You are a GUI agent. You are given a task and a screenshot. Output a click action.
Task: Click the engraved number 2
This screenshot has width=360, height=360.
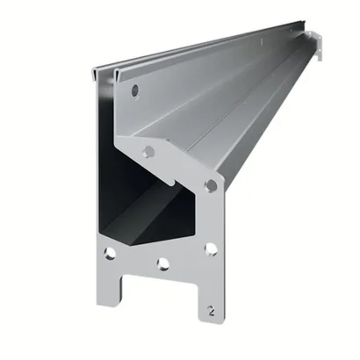pos(212,311)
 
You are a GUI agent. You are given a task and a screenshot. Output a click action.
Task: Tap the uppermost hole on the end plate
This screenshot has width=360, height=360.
pos(135,90)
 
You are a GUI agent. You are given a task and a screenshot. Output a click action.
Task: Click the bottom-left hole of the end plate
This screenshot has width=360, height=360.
pos(110,253)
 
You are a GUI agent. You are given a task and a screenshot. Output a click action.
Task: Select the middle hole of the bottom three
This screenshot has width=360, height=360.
pos(163,263)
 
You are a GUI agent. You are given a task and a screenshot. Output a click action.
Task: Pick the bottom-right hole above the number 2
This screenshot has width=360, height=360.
pos(211,249)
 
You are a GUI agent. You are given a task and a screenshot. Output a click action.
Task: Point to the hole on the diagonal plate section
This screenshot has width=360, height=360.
pos(149,151)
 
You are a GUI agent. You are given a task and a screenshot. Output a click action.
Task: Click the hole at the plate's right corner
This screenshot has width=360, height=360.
pos(212,185)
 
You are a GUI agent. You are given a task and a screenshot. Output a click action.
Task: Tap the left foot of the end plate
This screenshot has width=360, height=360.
pos(109,292)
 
